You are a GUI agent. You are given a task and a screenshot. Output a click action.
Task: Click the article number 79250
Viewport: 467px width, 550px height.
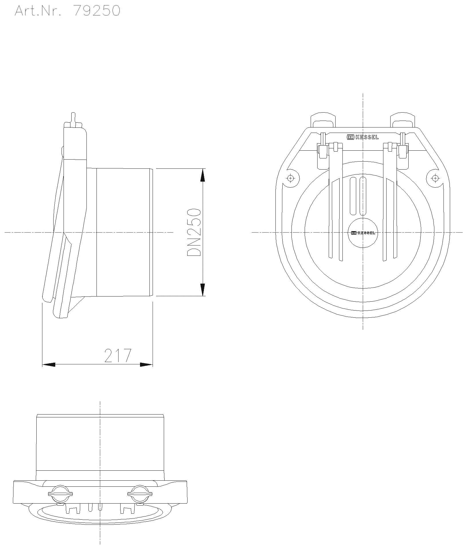click(97, 11)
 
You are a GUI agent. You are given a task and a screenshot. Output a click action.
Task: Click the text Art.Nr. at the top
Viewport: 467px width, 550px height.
click(38, 11)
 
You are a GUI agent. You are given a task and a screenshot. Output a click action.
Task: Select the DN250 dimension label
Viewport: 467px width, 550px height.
click(194, 232)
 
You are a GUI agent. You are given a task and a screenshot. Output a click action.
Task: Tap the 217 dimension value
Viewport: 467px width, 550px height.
click(117, 355)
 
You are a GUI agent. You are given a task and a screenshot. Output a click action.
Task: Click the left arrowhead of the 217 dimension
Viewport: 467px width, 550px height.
click(49, 365)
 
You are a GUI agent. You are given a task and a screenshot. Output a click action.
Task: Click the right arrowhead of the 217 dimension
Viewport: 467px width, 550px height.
click(146, 365)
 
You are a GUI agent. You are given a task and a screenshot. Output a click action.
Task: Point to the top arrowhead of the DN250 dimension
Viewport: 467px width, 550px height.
click(202, 175)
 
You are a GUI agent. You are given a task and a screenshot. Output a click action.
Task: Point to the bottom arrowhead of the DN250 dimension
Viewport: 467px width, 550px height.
click(202, 289)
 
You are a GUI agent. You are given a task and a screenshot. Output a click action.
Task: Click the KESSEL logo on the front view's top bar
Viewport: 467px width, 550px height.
click(363, 137)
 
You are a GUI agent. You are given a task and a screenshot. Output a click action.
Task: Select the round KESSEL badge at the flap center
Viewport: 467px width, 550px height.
click(363, 233)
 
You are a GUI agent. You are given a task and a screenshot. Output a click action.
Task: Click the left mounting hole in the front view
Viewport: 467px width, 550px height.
click(290, 178)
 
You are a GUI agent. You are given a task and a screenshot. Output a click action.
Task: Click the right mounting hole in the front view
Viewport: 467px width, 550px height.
click(435, 178)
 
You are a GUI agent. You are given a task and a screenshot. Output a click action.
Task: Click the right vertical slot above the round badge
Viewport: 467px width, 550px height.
click(363, 196)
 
